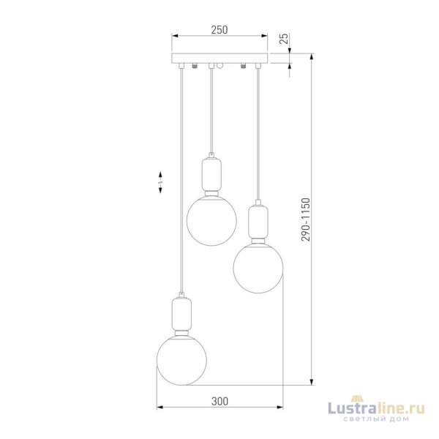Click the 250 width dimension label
pyautogui.click(x=219, y=30)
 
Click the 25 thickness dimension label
pyautogui.click(x=284, y=39)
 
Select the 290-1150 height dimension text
pyautogui.click(x=306, y=219)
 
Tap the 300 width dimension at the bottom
pyautogui.click(x=219, y=401)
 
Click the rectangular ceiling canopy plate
pyautogui.click(x=219, y=58)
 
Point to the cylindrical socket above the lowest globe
pyautogui.click(x=181, y=314)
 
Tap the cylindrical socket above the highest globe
pyautogui.click(x=211, y=174)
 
